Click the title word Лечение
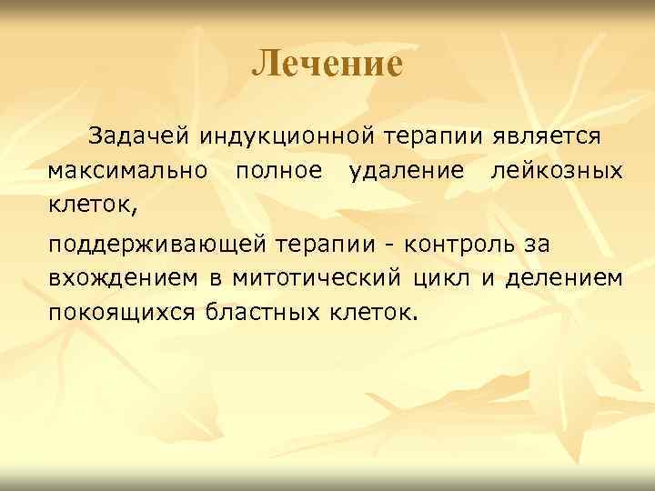[327, 64]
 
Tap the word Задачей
[139, 137]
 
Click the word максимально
[128, 170]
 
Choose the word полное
[277, 170]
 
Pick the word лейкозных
[556, 170]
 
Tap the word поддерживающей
[155, 245]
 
